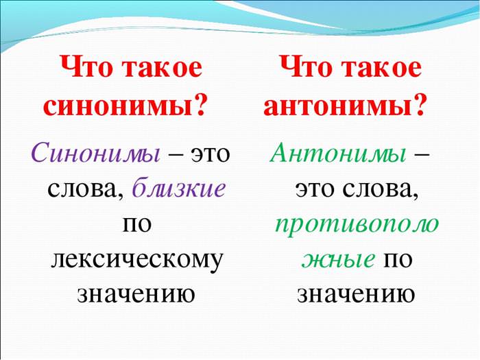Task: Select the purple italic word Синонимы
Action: tap(95, 152)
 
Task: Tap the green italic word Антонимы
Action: tap(338, 152)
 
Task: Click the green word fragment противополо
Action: tap(357, 225)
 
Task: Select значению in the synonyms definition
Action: tap(136, 295)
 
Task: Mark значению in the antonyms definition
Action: tap(356, 295)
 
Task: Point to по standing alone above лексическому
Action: tap(137, 224)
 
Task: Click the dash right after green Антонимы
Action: tap(422, 154)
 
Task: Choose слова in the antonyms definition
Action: tap(380, 189)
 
